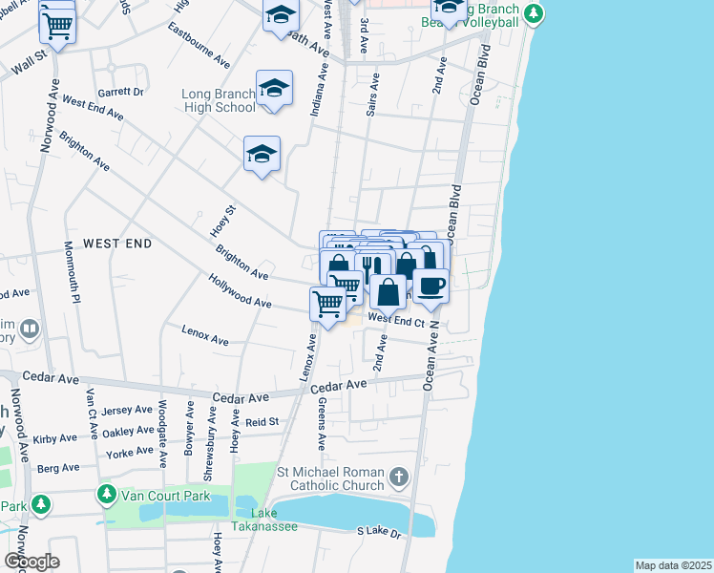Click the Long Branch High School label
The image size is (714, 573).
coord(219,100)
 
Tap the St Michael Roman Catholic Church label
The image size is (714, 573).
coord(330,480)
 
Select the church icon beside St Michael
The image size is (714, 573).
coord(398,476)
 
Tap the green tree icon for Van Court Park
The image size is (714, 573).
coord(104,495)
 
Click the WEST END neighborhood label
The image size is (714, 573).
coord(117,244)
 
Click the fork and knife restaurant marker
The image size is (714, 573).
coord(372,268)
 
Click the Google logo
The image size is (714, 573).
coord(31,562)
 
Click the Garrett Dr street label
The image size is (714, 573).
coord(121,93)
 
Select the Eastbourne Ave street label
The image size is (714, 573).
coord(199,53)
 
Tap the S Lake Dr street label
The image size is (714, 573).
coord(379,531)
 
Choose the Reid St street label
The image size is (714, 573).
coord(262,421)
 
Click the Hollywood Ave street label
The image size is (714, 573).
coord(240,290)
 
